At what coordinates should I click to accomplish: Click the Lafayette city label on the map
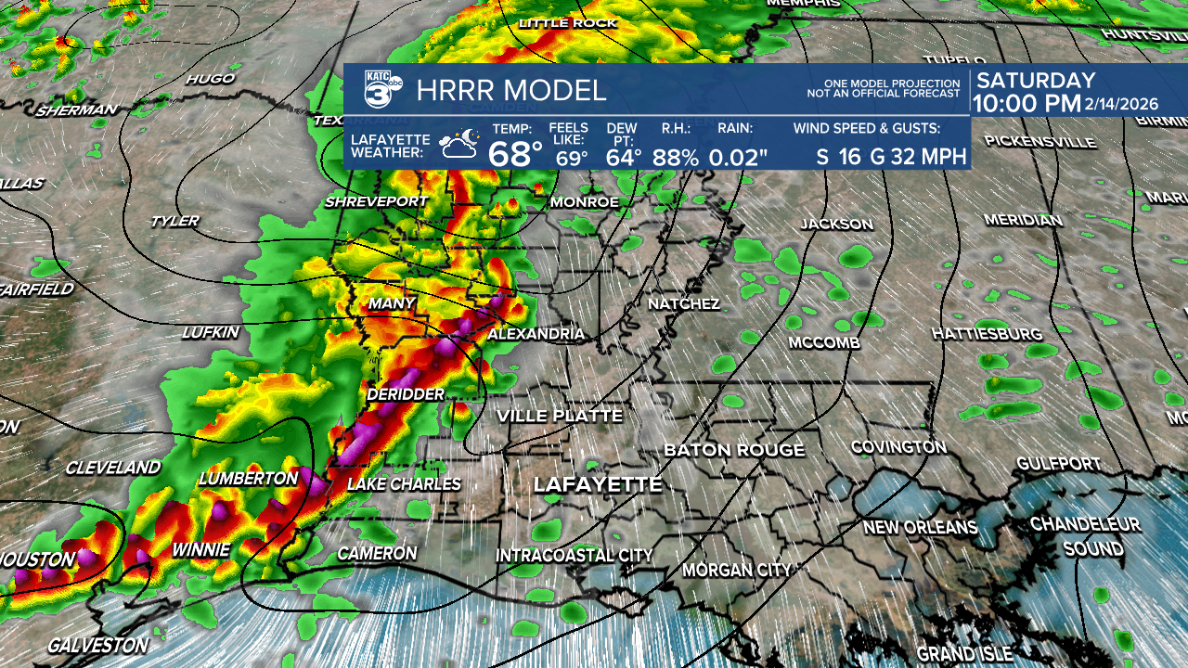598,484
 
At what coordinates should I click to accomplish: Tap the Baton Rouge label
734,450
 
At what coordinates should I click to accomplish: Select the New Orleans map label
920,528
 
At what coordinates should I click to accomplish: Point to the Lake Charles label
404,484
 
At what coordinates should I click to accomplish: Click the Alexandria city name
536,334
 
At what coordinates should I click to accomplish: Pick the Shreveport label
376,202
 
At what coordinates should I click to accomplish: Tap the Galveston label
97,644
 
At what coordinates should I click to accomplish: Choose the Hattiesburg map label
987,334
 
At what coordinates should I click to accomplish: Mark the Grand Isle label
965,654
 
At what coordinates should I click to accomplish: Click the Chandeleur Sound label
1085,536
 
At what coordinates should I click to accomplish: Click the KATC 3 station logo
381,90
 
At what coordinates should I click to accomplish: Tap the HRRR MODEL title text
511,91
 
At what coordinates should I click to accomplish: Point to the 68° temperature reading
515,153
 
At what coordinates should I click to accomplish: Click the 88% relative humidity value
675,157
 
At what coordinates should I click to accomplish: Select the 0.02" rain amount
738,157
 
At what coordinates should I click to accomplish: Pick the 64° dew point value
623,157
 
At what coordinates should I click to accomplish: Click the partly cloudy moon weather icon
459,145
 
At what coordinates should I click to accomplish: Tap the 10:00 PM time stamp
1027,104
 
